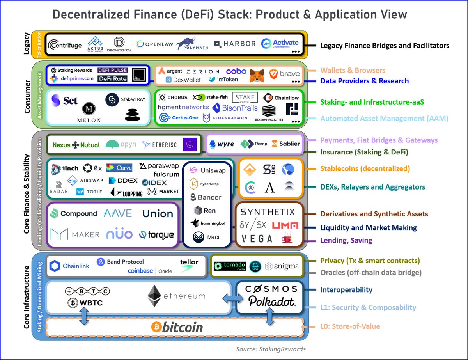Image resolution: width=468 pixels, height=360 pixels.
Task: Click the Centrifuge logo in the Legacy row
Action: pyautogui.click(x=65, y=45)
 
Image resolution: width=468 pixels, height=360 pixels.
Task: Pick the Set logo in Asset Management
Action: pyautogui.click(x=65, y=100)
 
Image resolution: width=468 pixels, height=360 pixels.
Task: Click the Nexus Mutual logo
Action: pyautogui.click(x=76, y=145)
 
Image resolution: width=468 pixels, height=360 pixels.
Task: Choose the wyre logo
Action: pyautogui.click(x=222, y=144)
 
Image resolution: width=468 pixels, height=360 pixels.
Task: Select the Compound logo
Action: pyautogui.click(x=73, y=214)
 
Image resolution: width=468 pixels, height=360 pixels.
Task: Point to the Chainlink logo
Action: pyautogui.click(x=70, y=266)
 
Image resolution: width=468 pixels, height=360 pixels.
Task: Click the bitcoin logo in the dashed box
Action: pyautogui.click(x=177, y=327)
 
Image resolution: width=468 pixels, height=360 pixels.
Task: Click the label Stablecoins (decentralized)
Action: pyautogui.click(x=365, y=169)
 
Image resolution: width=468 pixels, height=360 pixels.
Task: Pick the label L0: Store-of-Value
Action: pyautogui.click(x=350, y=326)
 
